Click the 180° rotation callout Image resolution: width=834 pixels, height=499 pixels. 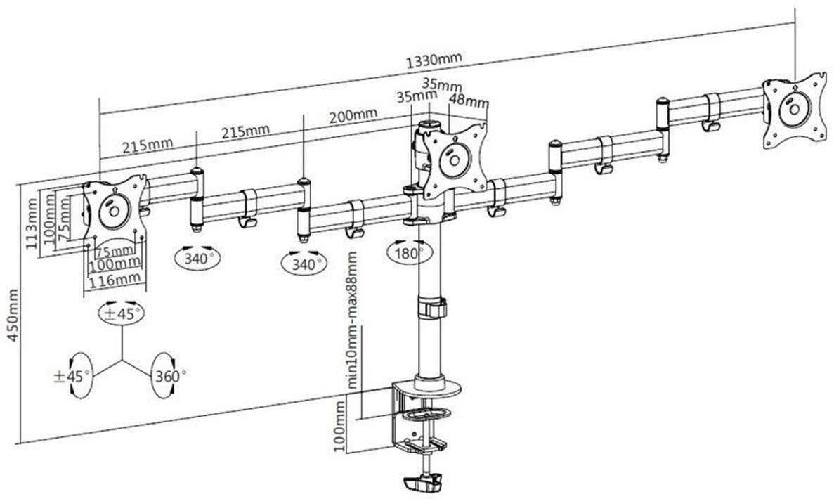tap(408, 252)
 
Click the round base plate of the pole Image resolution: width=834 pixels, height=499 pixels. tap(429, 385)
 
